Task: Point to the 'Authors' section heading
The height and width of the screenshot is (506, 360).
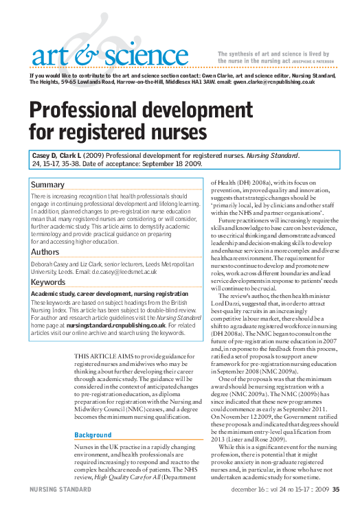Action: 46,252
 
